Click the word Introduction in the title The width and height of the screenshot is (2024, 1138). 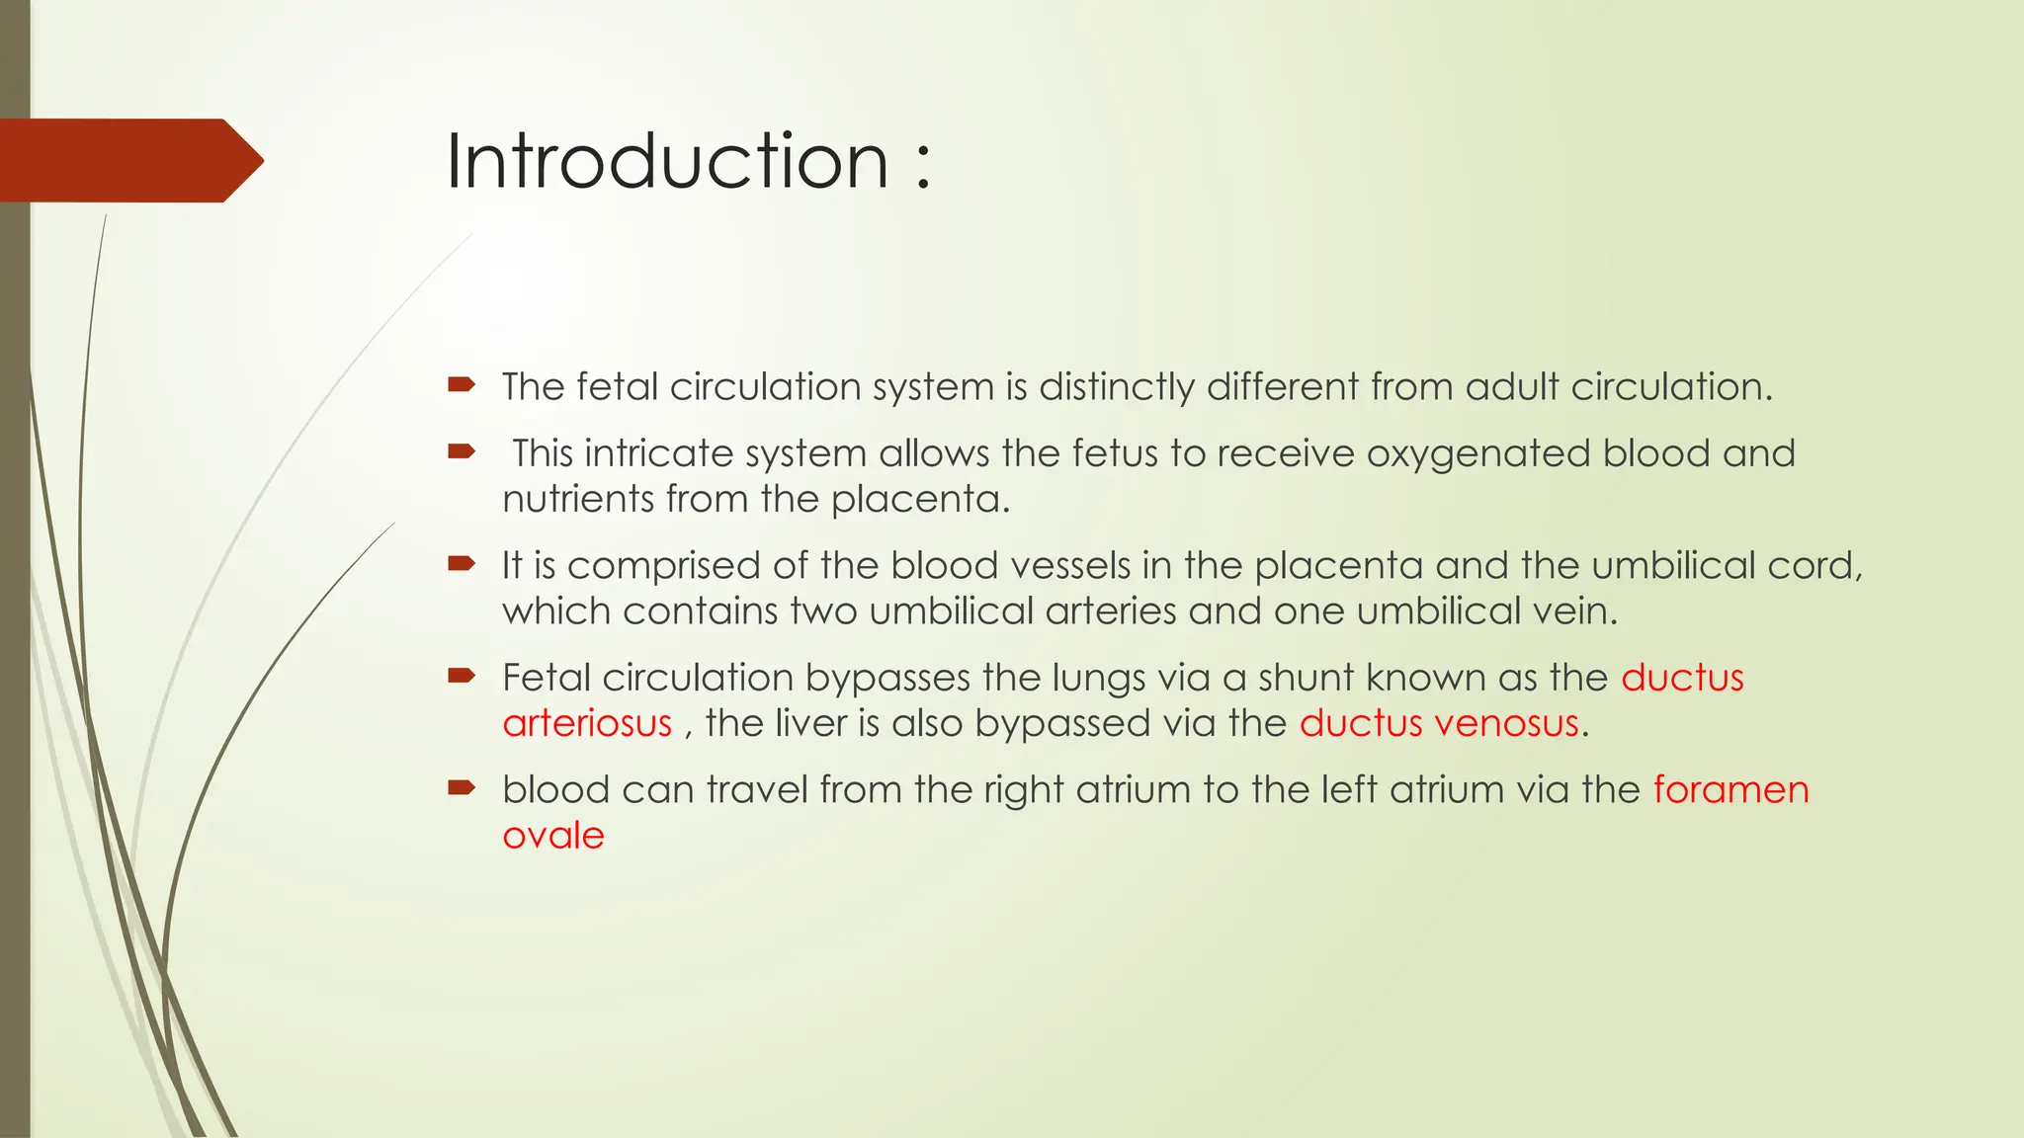(667, 161)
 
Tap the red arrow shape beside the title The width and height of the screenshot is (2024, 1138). (128, 161)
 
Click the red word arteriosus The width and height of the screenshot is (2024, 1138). (587, 724)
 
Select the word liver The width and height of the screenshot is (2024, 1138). (810, 724)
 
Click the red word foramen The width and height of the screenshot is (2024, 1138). (1730, 790)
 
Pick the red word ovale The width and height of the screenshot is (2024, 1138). (552, 836)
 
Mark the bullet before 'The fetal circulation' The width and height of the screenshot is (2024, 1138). (462, 385)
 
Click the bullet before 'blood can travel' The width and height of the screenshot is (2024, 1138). (462, 788)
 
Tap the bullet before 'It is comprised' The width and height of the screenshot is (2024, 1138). (462, 564)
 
